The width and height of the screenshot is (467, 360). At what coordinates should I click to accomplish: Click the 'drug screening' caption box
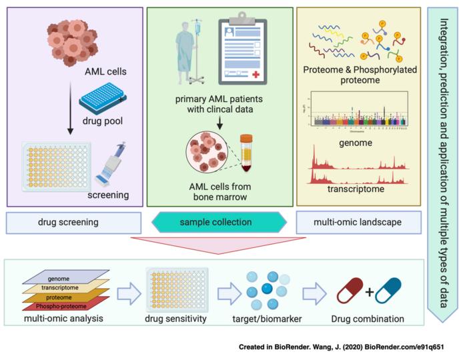[73, 222]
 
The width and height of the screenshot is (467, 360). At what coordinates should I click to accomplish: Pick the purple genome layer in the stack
[67, 278]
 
